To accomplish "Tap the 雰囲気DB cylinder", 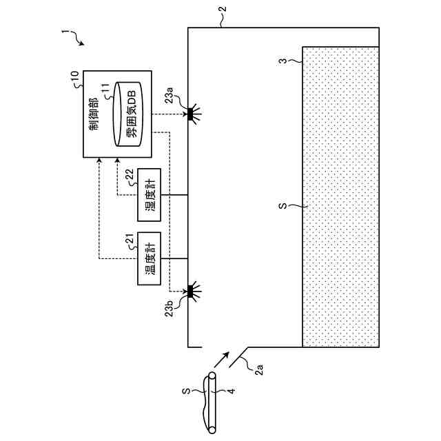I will tap(128, 113).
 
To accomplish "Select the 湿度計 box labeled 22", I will tap(149, 194).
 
